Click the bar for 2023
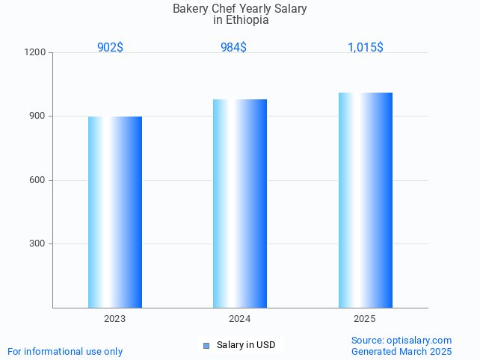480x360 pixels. (115, 212)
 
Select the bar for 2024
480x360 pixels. (240, 203)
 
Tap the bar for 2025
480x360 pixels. (365, 200)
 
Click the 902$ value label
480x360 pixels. (110, 47)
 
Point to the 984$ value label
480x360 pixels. (233, 47)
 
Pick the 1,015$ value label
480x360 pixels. (365, 47)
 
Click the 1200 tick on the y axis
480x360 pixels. (36, 53)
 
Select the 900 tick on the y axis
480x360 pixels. (38, 117)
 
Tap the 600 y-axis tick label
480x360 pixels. (38, 180)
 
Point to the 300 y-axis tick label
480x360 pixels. (38, 244)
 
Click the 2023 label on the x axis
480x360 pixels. (114, 319)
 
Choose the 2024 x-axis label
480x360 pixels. (239, 319)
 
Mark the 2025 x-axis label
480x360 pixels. (364, 319)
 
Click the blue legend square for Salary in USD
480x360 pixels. (206, 345)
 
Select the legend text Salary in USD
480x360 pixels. (246, 345)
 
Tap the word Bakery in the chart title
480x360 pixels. (189, 9)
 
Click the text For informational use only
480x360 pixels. (65, 351)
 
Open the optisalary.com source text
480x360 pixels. (401, 340)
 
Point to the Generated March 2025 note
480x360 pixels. (401, 351)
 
